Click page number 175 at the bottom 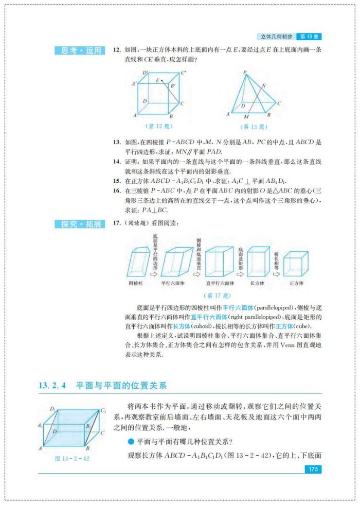[x=312, y=469]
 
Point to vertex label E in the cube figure [x=157, y=80]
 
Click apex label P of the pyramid [x=245, y=73]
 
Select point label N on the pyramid [x=264, y=85]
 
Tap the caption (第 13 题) [x=253, y=127]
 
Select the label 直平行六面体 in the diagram [x=220, y=283]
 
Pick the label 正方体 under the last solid [x=296, y=283]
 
